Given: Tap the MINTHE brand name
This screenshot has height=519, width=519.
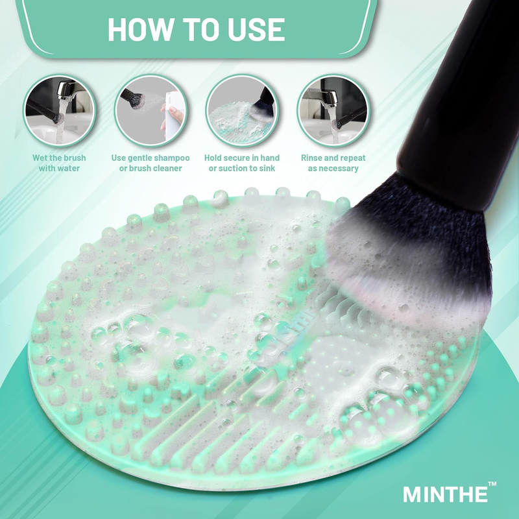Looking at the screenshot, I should tap(444, 494).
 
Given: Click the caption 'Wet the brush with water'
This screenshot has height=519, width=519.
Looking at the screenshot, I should tap(60, 163).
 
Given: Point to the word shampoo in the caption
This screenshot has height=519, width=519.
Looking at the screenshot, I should tap(171, 158).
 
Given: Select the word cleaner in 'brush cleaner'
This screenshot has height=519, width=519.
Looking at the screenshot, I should tap(165, 169).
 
